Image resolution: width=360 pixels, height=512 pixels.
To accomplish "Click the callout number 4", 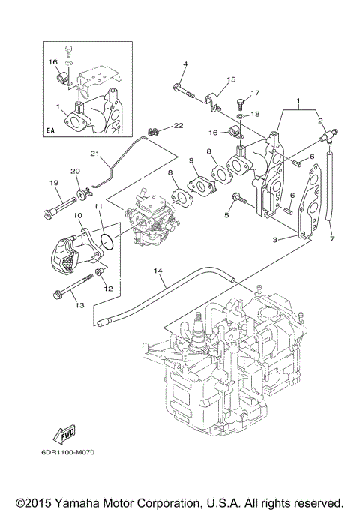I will tap(184, 64).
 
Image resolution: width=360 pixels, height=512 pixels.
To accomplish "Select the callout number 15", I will tap(231, 79).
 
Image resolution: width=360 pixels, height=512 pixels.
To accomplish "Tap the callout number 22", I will tap(179, 125).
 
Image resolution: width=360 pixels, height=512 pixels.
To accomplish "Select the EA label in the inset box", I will tap(50, 130).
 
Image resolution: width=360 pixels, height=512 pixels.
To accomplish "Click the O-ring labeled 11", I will tap(106, 241).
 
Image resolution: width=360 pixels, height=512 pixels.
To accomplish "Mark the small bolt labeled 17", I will tap(240, 101).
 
